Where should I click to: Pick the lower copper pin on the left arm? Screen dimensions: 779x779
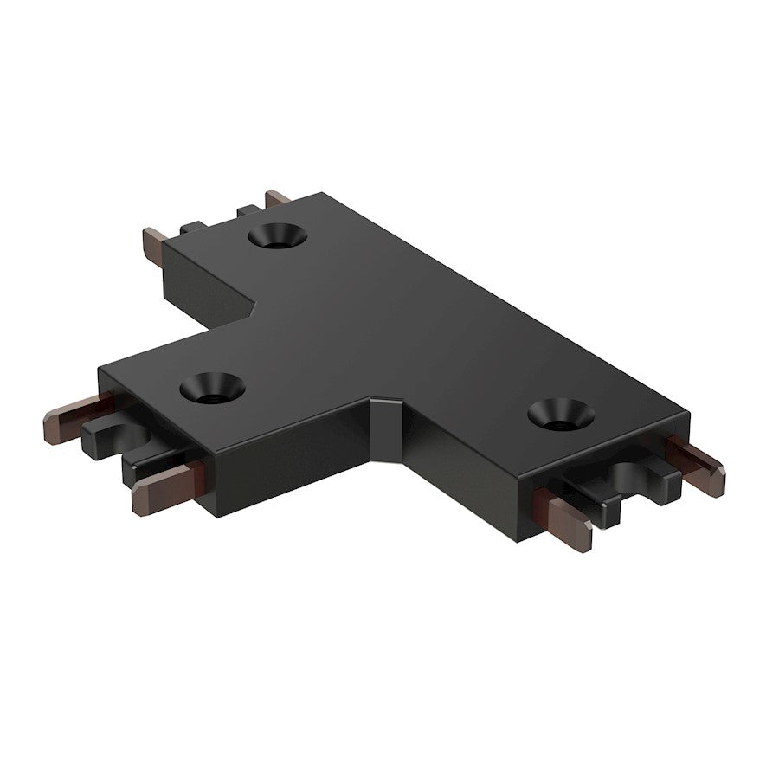click(x=164, y=488)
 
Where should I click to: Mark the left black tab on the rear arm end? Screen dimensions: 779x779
click(x=192, y=228)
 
